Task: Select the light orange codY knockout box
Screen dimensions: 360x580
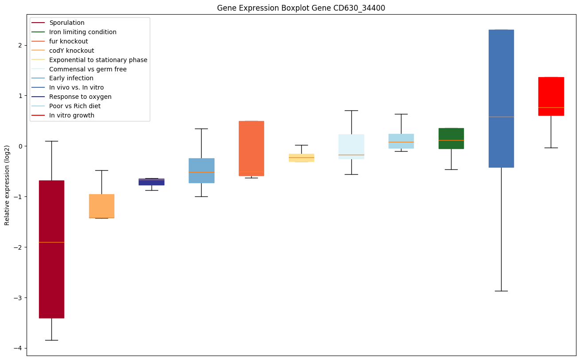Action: (101, 206)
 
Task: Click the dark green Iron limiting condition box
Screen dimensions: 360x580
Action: (451, 138)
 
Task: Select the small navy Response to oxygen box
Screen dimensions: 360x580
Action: (152, 182)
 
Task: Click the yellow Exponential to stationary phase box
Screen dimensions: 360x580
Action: (301, 158)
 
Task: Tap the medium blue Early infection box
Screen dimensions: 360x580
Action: (201, 171)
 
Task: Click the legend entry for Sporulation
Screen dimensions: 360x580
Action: (67, 23)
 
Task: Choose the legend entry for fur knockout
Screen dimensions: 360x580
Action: (69, 41)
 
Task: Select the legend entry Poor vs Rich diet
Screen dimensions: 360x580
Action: (75, 106)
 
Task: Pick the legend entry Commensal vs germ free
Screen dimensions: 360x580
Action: (88, 69)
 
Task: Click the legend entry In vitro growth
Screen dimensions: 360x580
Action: (72, 115)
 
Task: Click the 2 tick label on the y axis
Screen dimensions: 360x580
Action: (20, 45)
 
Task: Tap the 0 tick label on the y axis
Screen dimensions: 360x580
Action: (20, 146)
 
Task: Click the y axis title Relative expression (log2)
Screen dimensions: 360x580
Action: (8, 185)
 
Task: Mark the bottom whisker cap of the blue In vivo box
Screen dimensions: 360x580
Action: (501, 291)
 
